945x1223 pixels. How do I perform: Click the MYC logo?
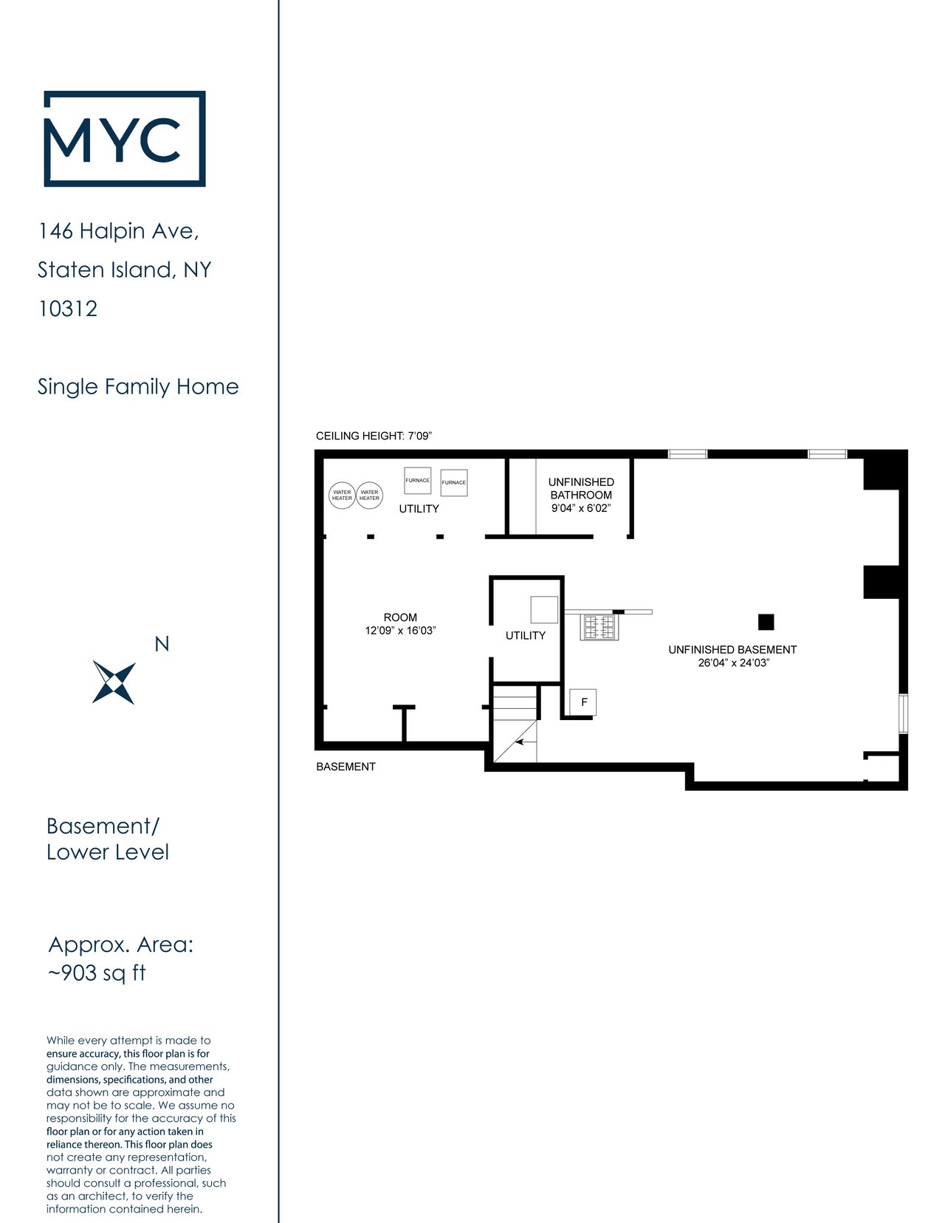point(124,138)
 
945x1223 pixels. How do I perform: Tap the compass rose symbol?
point(114,682)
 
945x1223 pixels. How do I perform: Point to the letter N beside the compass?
point(162,644)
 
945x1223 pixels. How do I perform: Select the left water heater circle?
point(342,496)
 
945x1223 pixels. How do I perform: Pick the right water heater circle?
point(370,496)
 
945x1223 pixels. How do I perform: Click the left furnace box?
point(417,481)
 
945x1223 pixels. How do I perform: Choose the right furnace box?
point(454,483)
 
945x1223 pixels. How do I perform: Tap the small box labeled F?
point(583,702)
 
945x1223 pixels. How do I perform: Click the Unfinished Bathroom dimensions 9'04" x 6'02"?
point(581,508)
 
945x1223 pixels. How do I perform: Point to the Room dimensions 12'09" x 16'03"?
point(400,631)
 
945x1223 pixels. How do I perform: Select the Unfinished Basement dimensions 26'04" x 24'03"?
point(734,662)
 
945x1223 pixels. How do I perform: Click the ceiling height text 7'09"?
point(419,436)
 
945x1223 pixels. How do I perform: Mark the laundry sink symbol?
point(599,627)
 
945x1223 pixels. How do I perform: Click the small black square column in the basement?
point(766,622)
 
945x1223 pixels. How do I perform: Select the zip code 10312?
point(68,309)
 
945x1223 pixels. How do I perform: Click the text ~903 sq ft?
point(97,973)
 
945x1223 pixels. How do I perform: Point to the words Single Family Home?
point(138,387)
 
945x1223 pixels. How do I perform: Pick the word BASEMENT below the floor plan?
point(346,767)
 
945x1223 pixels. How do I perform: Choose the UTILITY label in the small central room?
point(526,635)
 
